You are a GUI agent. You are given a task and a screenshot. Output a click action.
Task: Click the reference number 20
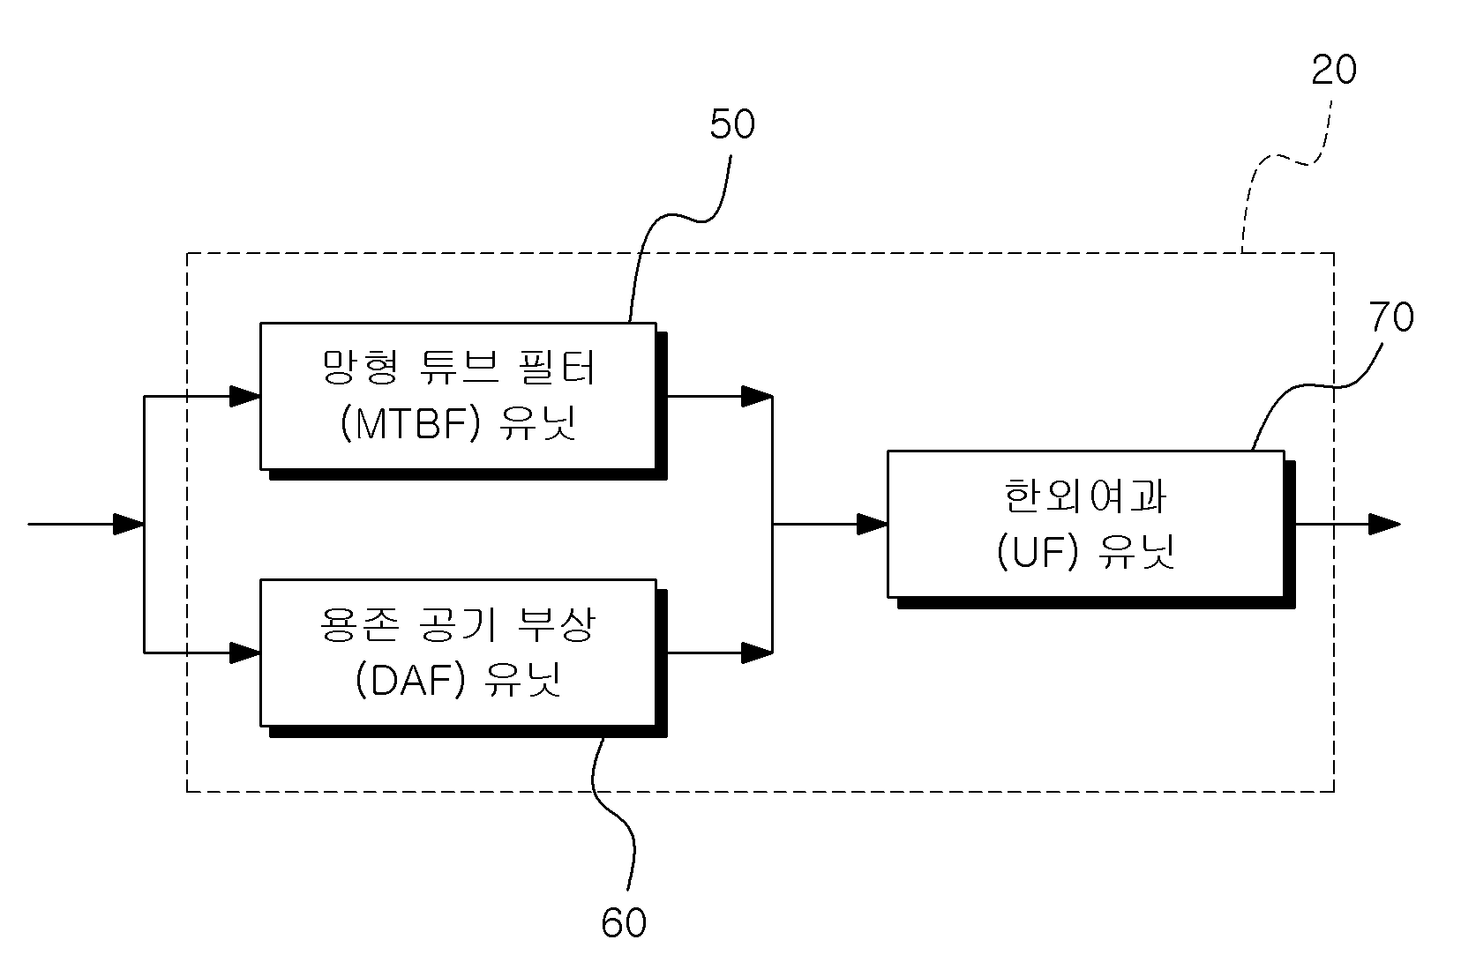[x=1334, y=71]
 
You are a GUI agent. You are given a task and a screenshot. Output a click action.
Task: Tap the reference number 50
[x=732, y=124]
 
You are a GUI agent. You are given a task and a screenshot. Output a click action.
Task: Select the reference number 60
[x=624, y=923]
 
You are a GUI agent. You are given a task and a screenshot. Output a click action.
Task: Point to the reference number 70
[x=1391, y=317]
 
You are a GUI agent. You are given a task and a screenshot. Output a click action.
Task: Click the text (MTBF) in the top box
[x=410, y=423]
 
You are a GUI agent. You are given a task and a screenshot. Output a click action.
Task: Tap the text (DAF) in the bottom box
[x=410, y=680]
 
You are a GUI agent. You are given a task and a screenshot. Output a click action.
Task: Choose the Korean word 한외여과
[x=1084, y=496]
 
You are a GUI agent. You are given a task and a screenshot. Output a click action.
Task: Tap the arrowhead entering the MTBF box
[x=245, y=396]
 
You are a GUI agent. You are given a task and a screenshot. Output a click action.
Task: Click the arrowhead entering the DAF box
[x=245, y=653]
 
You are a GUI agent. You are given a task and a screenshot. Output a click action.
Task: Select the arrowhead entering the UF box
[x=872, y=524]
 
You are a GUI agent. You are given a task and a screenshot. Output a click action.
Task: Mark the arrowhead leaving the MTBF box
[x=757, y=396]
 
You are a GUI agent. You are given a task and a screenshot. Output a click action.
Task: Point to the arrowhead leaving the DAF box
[x=757, y=653]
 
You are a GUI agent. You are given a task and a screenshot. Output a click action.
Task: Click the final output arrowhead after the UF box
[x=1384, y=524]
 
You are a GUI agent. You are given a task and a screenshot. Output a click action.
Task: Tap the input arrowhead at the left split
[x=129, y=524]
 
